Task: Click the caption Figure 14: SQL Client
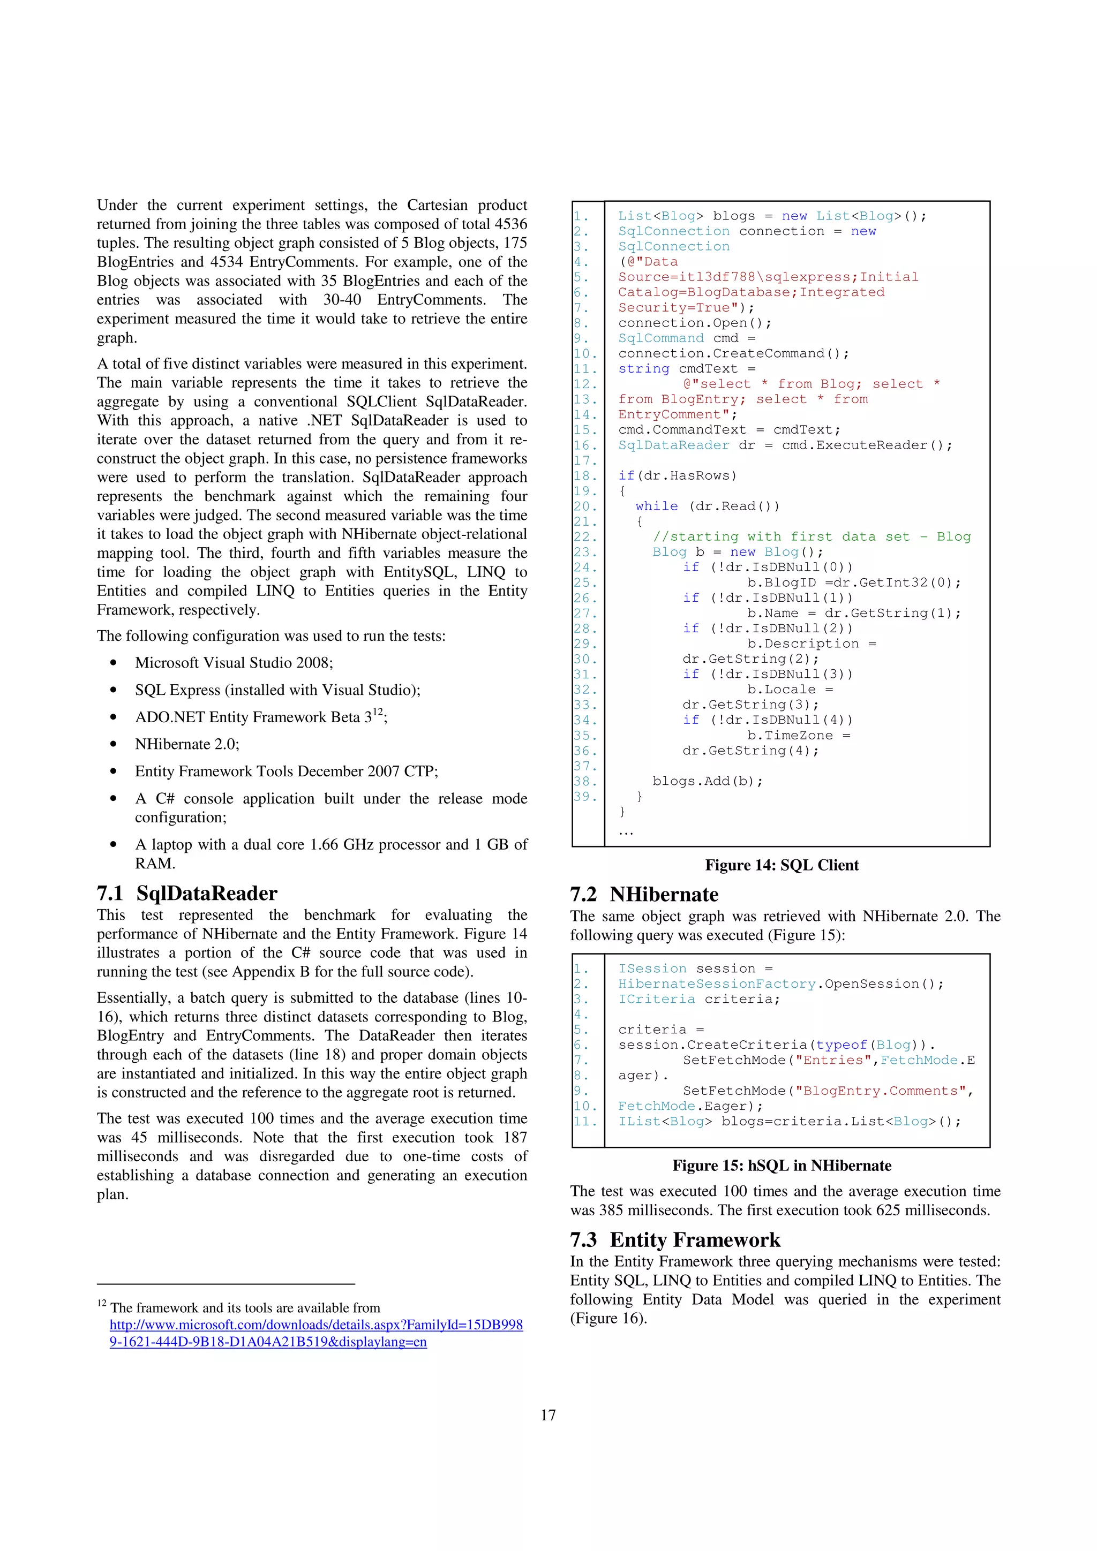click(782, 865)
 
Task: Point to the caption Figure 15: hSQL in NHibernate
click(782, 1166)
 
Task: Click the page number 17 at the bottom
click(548, 1415)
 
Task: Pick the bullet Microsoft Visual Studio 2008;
click(234, 663)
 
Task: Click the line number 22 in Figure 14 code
click(585, 537)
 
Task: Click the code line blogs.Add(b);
click(708, 781)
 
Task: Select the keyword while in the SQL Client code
click(656, 506)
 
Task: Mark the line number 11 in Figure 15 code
click(585, 1122)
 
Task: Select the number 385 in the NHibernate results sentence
click(610, 1210)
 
